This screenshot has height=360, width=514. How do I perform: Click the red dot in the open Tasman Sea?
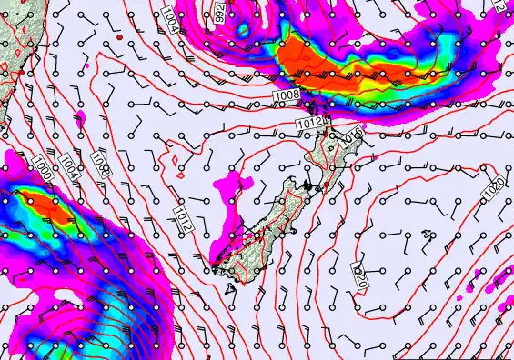(x=119, y=39)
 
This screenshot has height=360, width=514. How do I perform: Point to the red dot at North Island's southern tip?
(x=327, y=185)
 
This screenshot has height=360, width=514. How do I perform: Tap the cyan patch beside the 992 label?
(x=242, y=29)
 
